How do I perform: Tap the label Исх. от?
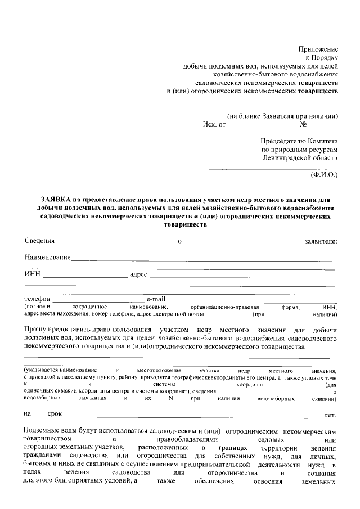pos(214,125)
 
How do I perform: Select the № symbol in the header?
pos(303,125)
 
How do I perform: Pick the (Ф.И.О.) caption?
pos(324,175)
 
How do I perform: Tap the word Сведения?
pos(39,241)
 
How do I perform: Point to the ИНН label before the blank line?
pos(33,274)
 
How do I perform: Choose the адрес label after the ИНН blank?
pos(138,274)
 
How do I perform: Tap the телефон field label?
pos(38,298)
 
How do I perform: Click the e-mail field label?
pos(156,298)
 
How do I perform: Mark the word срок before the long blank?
pos(55,415)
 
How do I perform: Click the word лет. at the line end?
pos(330,416)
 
